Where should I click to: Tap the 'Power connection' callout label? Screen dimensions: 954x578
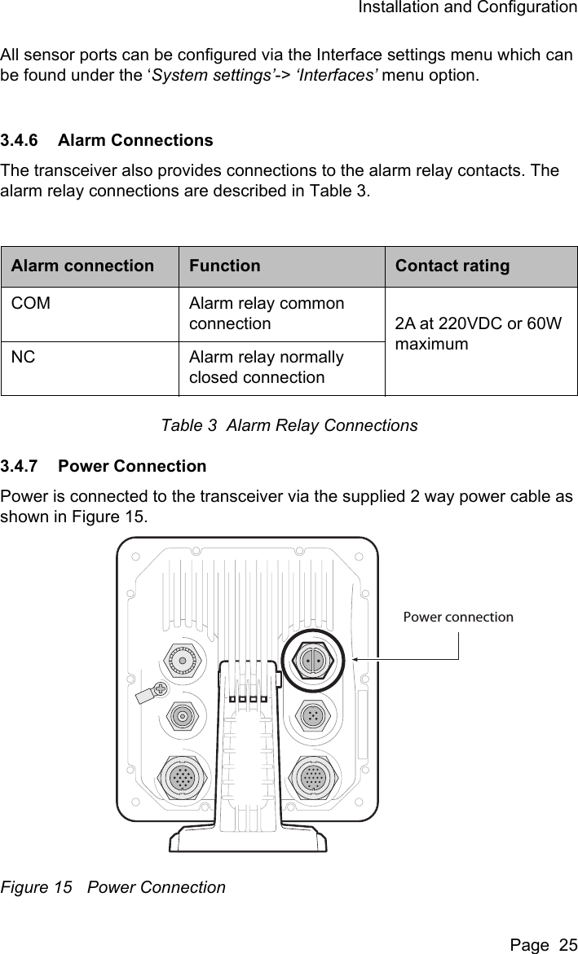pos(458,617)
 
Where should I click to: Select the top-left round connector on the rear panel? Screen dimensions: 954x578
pos(183,660)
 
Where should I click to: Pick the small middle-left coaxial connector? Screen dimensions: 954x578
pos(183,717)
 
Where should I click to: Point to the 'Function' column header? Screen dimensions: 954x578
pos(224,266)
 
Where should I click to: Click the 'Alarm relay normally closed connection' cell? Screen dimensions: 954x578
pos(266,367)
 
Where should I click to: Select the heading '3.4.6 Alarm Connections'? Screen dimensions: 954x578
pos(107,140)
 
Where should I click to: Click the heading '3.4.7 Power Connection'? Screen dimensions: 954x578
pos(104,467)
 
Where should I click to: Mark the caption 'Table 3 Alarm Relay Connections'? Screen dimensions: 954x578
pos(289,425)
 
